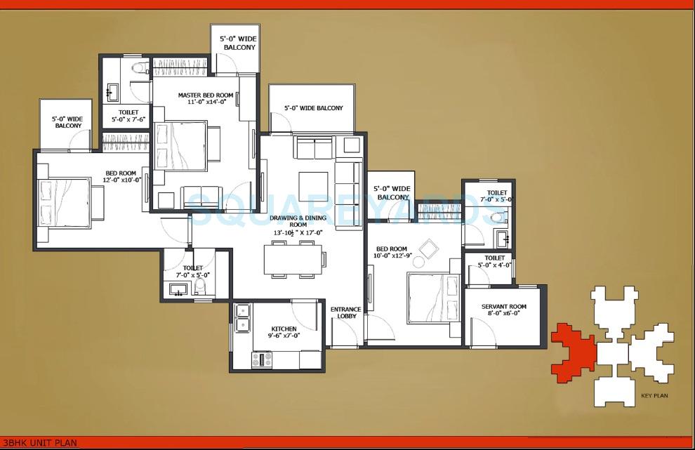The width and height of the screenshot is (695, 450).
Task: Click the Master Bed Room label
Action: (205, 98)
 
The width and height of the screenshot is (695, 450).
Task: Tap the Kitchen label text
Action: (284, 332)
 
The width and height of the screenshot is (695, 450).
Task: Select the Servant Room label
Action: (504, 310)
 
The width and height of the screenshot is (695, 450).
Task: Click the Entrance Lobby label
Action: (346, 312)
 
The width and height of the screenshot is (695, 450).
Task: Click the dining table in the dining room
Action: (293, 258)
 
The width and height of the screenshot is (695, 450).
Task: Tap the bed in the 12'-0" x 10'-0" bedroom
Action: (65, 200)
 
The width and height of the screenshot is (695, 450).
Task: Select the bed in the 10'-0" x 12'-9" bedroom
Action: (430, 297)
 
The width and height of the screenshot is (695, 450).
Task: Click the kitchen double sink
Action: (242, 317)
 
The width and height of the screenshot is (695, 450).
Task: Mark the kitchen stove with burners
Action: (263, 359)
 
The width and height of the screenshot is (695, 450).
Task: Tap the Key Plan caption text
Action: (654, 396)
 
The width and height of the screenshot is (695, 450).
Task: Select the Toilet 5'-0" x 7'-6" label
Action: (128, 116)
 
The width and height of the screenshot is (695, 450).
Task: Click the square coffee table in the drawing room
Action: (313, 186)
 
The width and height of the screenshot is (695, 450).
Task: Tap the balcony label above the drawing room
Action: (313, 108)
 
